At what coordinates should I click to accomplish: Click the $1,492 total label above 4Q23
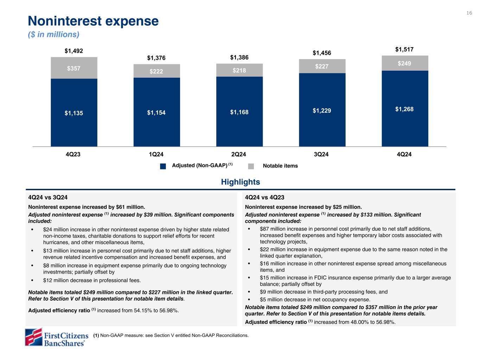pyautogui.click(x=74, y=51)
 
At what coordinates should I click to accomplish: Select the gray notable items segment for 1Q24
pyautogui.click(x=156, y=71)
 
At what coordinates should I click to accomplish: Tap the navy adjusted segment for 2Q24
pyautogui.click(x=239, y=112)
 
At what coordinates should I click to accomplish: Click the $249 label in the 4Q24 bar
pyautogui.click(x=404, y=63)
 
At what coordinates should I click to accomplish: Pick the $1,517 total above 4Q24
pyautogui.click(x=404, y=50)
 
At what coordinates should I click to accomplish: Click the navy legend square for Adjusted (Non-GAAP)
pyautogui.click(x=163, y=166)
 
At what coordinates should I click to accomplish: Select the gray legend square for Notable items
pyautogui.click(x=251, y=166)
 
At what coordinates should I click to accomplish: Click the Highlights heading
pyautogui.click(x=241, y=182)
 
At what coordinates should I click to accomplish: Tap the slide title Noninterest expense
pyautogui.click(x=93, y=21)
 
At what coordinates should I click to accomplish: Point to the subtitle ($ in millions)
pyautogui.click(x=54, y=34)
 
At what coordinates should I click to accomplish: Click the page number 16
pyautogui.click(x=469, y=13)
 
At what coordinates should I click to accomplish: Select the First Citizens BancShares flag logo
pyautogui.click(x=33, y=337)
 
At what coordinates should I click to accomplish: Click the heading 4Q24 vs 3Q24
pyautogui.click(x=48, y=198)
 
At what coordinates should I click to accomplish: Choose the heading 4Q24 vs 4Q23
pyautogui.click(x=265, y=198)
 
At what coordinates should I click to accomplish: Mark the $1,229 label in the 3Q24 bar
pyautogui.click(x=322, y=111)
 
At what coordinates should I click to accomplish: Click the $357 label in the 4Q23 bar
pyautogui.click(x=74, y=68)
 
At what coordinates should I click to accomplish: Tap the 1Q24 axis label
pyautogui.click(x=156, y=154)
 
